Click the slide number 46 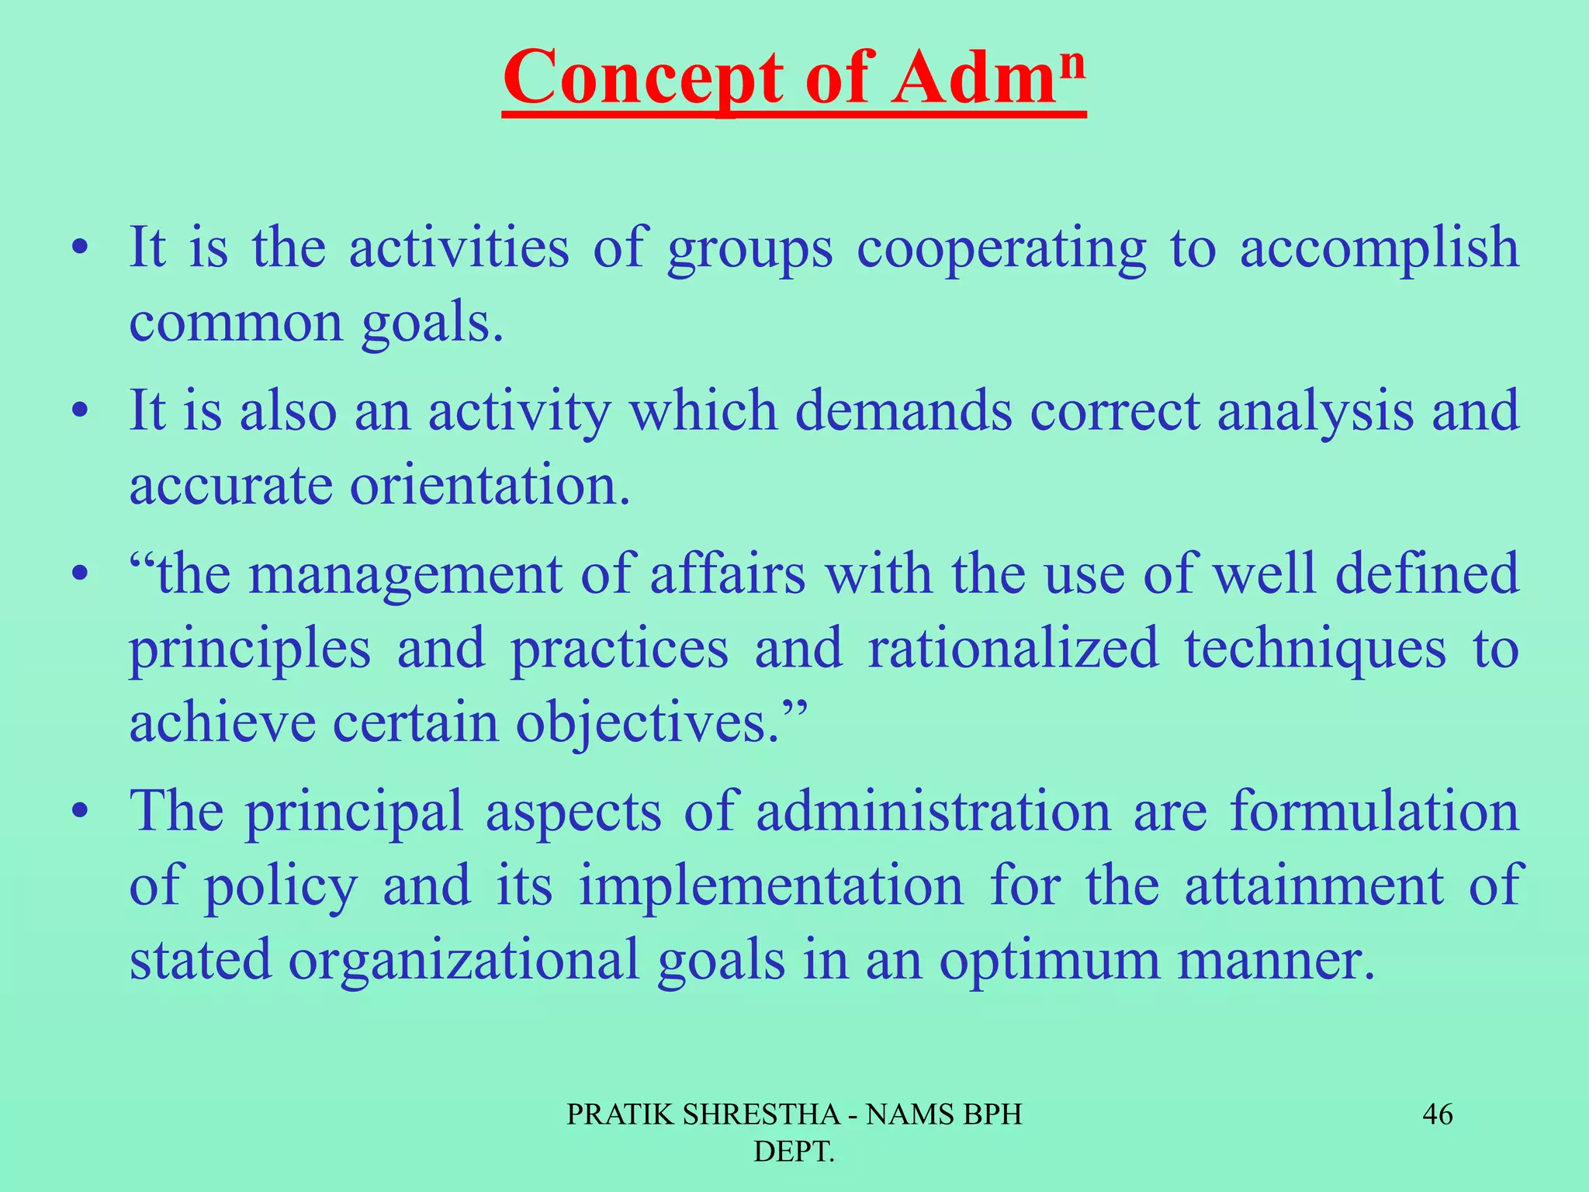(x=1437, y=1115)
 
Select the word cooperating (x=1001, y=250)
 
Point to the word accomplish (x=1379, y=250)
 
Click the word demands (x=903, y=411)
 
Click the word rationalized (x=1013, y=649)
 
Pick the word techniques (x=1314, y=649)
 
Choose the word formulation (x=1373, y=812)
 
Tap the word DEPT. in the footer (x=794, y=1152)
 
